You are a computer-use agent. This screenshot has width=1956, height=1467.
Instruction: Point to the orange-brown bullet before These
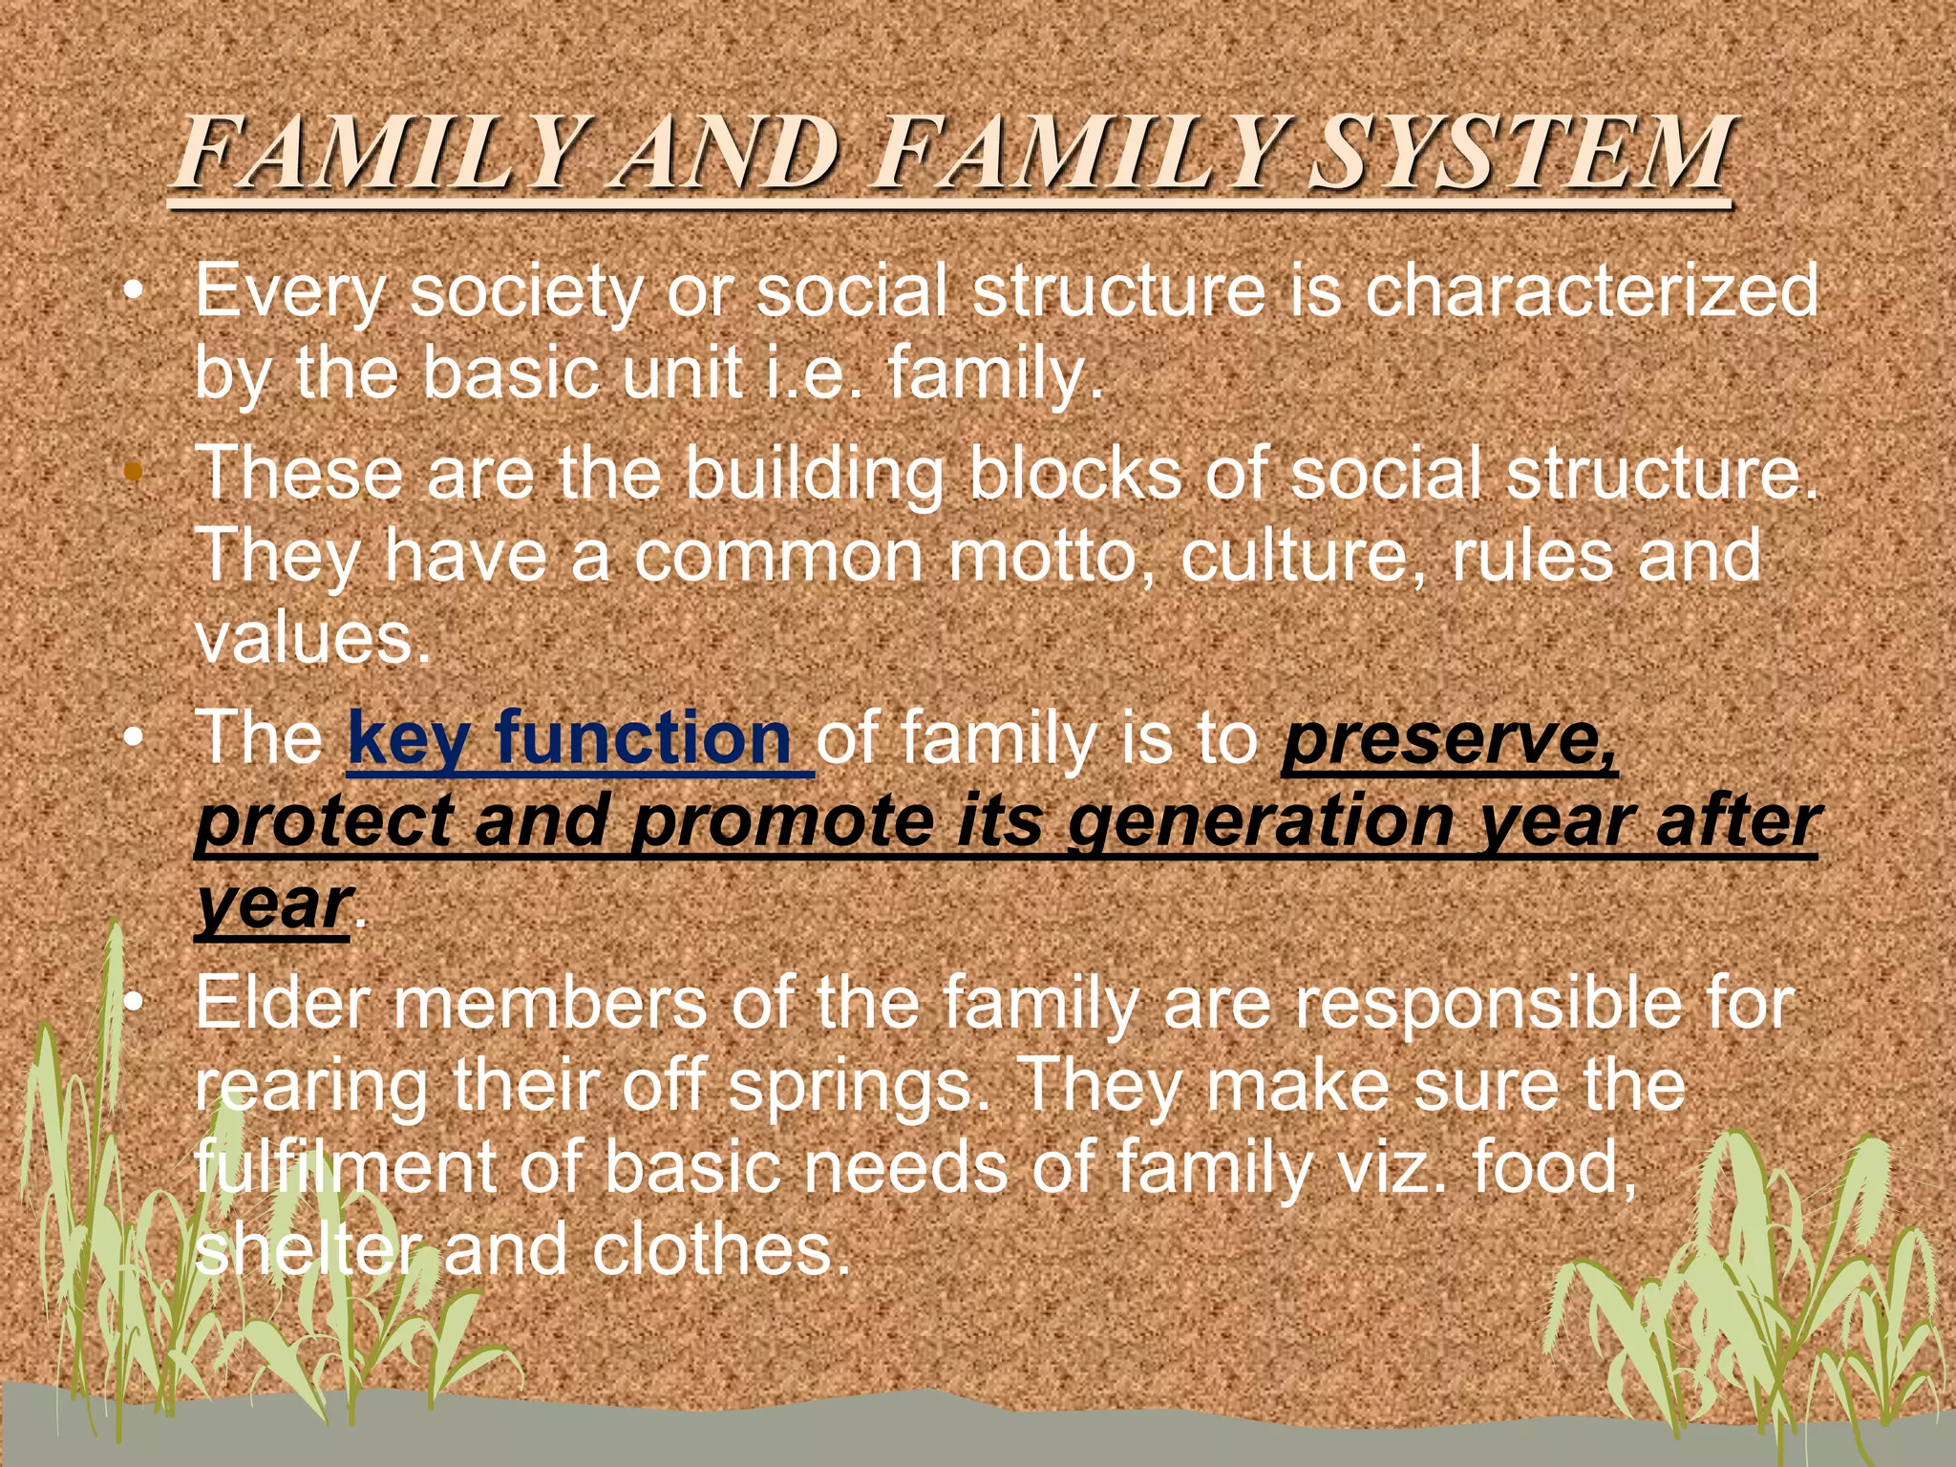135,472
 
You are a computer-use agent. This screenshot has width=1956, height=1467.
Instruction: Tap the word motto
1052,555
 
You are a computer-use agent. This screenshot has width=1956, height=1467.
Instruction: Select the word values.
312,637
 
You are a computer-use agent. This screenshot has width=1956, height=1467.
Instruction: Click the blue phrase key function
570,738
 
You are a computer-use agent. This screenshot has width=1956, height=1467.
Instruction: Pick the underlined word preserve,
1449,738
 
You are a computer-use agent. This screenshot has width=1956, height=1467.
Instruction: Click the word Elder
283,1003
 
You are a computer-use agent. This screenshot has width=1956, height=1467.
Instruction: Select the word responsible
1494,1003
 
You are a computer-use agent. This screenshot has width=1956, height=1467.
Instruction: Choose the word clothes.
720,1249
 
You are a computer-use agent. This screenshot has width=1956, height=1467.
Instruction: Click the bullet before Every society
135,289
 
